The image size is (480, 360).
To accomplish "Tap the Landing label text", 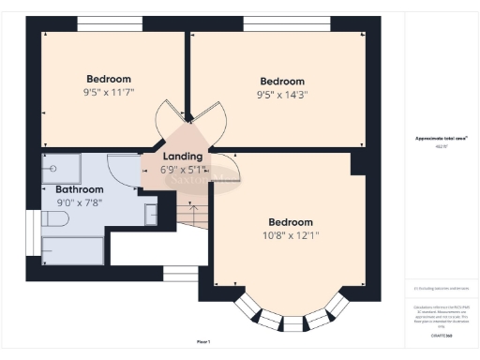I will pyautogui.click(x=181, y=157).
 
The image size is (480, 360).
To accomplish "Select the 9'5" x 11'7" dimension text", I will pyautogui.click(x=109, y=93).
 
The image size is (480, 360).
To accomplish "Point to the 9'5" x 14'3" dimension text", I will pyautogui.click(x=282, y=95).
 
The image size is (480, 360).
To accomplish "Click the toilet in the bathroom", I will pyautogui.click(x=55, y=218).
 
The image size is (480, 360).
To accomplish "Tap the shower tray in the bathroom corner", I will pyautogui.click(x=61, y=169).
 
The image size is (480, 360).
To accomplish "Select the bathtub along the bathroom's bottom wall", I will pyautogui.click(x=73, y=250).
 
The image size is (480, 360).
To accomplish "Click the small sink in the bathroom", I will pyautogui.click(x=151, y=214).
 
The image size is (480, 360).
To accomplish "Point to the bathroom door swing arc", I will pyautogui.click(x=120, y=169).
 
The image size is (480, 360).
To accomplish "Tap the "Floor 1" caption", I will pyautogui.click(x=203, y=341).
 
